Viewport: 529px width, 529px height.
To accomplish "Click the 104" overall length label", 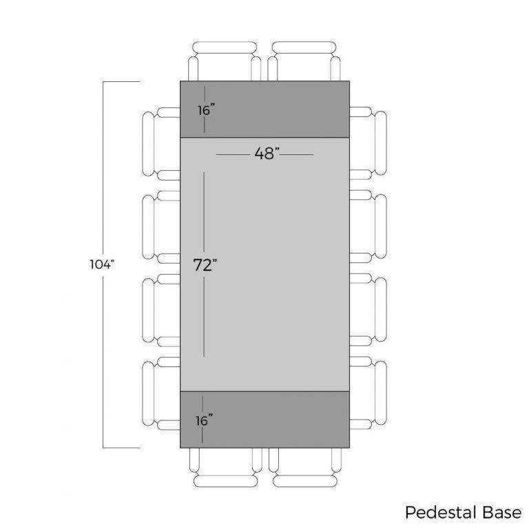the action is pyautogui.click(x=102, y=264).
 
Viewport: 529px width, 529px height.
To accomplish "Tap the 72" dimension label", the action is pyautogui.click(x=205, y=265).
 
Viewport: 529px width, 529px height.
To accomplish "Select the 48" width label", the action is pyautogui.click(x=267, y=154).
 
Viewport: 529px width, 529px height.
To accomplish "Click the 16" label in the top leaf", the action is pyautogui.click(x=206, y=110).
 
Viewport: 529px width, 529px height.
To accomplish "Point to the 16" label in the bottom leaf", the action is pyautogui.click(x=204, y=421).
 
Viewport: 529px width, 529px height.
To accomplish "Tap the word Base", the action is pyautogui.click(x=502, y=512).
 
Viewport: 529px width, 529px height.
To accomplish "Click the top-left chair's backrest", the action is pyautogui.click(x=225, y=48).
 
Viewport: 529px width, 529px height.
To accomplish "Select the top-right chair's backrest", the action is pyautogui.click(x=304, y=48).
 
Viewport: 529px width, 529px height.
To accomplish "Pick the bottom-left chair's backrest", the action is pyautogui.click(x=225, y=481).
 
